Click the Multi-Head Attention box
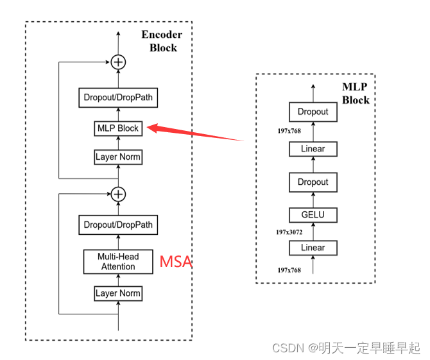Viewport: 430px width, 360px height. (118, 261)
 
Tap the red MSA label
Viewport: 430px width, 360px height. (175, 262)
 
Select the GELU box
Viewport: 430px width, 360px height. (313, 215)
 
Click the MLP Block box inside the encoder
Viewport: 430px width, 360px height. (118, 128)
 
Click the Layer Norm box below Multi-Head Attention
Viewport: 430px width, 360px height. (118, 293)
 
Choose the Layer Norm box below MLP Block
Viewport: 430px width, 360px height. (118, 157)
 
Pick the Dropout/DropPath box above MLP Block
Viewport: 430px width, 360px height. (118, 98)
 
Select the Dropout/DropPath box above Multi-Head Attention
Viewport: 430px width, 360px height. (118, 225)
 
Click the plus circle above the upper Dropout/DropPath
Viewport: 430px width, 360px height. (118, 62)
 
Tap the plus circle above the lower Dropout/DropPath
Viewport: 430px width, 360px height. (118, 194)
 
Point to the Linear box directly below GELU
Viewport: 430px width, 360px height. (313, 248)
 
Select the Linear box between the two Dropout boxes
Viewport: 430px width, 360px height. (313, 149)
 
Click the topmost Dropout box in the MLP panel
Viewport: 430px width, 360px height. (313, 112)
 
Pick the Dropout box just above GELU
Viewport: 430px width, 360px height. (313, 182)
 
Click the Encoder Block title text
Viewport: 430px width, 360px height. (162, 41)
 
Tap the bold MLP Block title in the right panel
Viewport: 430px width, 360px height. (355, 94)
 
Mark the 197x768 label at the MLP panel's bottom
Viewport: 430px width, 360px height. (289, 270)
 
